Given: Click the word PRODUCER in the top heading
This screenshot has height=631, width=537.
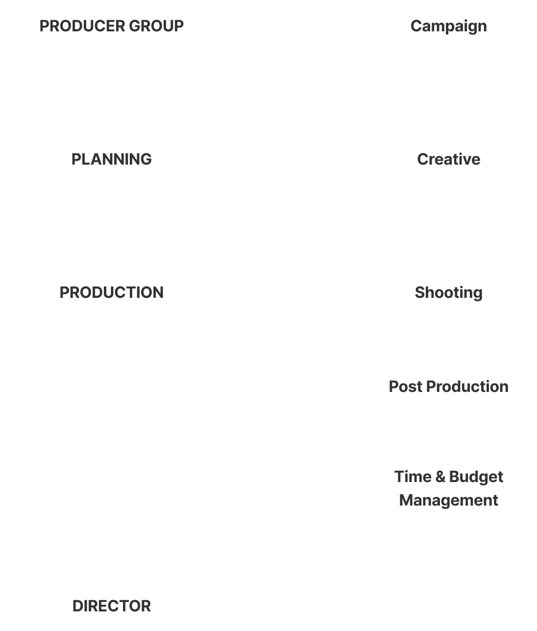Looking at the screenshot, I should point(81,26).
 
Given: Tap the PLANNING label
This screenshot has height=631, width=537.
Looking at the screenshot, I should point(112,159).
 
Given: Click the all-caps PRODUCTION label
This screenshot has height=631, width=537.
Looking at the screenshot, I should point(112,292).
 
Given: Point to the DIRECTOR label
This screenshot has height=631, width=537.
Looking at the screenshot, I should point(112,606).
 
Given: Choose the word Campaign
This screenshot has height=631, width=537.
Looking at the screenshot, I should point(449,26).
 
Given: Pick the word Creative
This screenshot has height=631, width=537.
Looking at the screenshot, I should point(449,159).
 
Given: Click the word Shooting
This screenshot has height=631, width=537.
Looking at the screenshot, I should point(449,292).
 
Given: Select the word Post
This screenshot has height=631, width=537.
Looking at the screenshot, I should point(405,387).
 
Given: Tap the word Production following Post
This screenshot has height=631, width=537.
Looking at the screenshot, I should point(467,387).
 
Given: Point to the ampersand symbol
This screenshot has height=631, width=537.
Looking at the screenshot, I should point(440,477).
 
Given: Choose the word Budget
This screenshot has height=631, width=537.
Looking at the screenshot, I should point(476,477).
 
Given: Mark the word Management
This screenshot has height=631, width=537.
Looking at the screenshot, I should point(449,500).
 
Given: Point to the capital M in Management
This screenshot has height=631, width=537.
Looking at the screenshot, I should point(406,500).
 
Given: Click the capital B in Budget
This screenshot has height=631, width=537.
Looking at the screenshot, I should point(454,477).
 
